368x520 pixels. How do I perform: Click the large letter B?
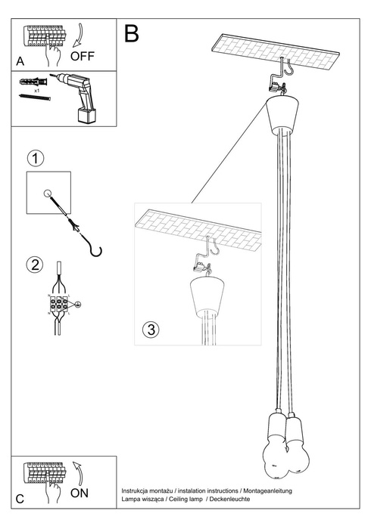click(132, 33)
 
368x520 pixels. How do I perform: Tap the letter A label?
click(20, 60)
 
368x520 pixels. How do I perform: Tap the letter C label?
click(20, 500)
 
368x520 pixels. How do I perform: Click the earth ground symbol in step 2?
click(77, 304)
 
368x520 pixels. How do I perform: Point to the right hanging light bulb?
click(294, 457)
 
